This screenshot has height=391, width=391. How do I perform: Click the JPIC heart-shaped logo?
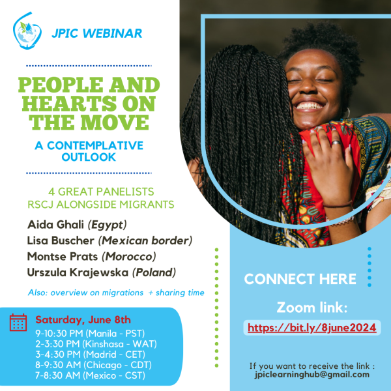[x=27, y=31]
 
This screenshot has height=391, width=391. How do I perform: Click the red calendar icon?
[x=18, y=323]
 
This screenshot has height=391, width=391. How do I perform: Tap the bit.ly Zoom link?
[x=311, y=328]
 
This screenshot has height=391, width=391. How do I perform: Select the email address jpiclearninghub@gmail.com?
[x=312, y=375]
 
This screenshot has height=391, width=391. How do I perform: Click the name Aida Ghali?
[x=55, y=224]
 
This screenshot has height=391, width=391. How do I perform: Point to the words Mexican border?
[x=145, y=240]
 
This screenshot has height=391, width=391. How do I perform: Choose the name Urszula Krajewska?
[x=78, y=272]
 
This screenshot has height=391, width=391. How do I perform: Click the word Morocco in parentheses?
[x=129, y=257]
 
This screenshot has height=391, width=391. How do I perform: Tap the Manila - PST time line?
[x=90, y=334]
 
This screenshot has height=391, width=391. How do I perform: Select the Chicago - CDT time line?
[x=93, y=365]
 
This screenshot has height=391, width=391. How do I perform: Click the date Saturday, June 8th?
[x=83, y=320]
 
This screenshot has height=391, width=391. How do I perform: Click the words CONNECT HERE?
[x=300, y=279]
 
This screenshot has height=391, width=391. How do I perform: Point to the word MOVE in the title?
[x=115, y=123]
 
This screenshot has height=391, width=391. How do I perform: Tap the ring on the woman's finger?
[x=336, y=143]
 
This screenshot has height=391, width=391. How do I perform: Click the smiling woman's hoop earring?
[x=347, y=113]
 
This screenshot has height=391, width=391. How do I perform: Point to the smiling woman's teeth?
[x=309, y=106]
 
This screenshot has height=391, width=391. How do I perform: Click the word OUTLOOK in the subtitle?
[x=89, y=157]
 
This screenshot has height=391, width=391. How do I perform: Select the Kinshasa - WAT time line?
[x=96, y=344]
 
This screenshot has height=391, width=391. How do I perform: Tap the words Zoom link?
[x=312, y=307]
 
